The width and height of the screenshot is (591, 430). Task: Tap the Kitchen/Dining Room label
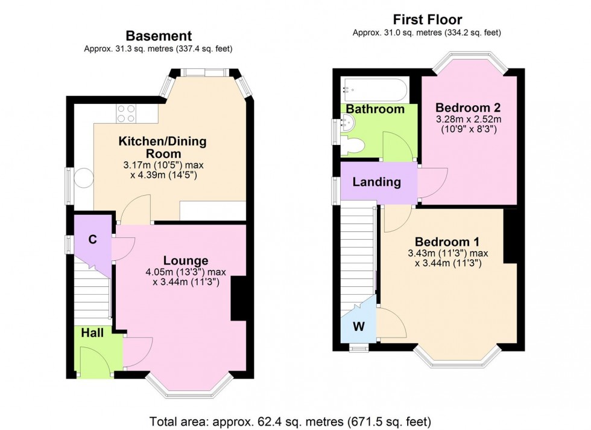(x=162, y=147)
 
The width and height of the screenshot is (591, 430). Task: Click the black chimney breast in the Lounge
(x=239, y=298)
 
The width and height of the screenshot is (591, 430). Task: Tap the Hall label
(x=92, y=333)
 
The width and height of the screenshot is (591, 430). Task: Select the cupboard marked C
(x=92, y=239)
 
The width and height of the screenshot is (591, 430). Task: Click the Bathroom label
(x=375, y=109)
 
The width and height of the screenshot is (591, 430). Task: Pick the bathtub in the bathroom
(x=375, y=90)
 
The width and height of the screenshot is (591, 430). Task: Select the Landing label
(x=376, y=181)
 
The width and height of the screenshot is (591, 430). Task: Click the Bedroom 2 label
(x=468, y=107)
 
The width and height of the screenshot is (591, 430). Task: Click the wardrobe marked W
(x=358, y=327)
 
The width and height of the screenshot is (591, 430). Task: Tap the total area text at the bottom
(x=295, y=420)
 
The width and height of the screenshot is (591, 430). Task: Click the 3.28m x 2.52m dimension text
(x=468, y=119)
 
